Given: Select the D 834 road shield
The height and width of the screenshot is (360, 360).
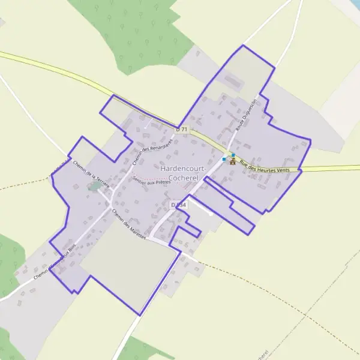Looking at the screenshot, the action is (x=179, y=205).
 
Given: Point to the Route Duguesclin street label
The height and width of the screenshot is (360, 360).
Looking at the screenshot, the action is (x=245, y=115).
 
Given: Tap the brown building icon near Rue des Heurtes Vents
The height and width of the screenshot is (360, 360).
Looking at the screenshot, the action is (x=232, y=161).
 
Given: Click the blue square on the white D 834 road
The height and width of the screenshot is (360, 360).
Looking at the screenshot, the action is (x=224, y=159).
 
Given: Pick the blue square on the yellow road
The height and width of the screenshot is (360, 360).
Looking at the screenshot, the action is (x=233, y=155).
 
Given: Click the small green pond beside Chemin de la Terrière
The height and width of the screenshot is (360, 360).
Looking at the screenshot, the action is (x=94, y=187).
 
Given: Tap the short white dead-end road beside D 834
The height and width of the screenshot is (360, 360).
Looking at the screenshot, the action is (x=202, y=208).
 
